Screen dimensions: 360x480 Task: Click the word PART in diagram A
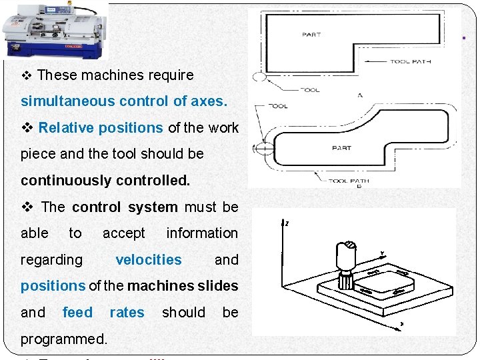[311, 35]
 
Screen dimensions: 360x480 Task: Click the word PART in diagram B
[341, 147]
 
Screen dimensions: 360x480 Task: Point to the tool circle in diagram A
[259, 77]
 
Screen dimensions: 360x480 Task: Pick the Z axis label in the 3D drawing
[287, 224]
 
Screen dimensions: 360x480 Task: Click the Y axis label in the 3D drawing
[382, 253]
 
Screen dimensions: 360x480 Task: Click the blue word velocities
[148, 259]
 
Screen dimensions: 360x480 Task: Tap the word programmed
[63, 339]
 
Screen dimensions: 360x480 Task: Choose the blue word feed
[77, 312]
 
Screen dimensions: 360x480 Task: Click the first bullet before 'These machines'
[27, 75]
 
